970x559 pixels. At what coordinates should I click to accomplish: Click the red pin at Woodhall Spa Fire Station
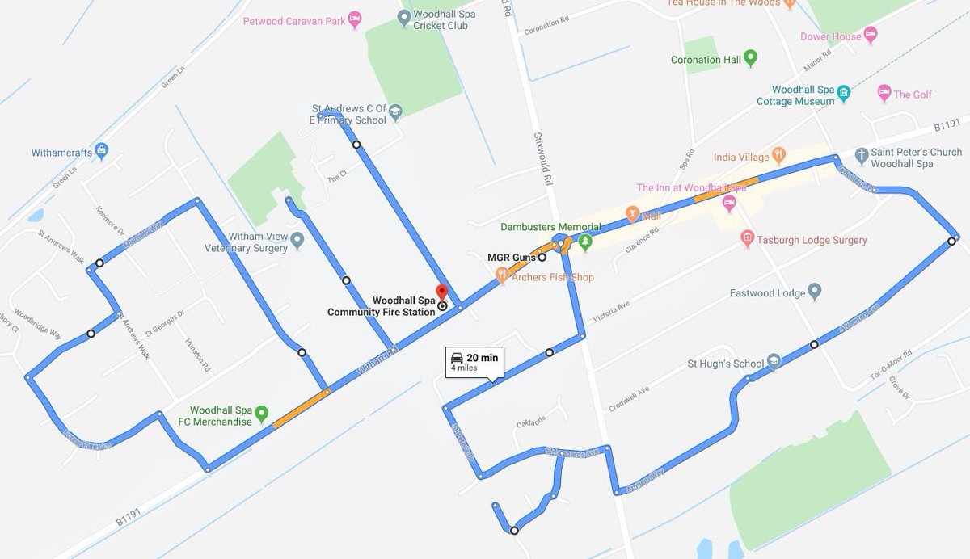[441, 292]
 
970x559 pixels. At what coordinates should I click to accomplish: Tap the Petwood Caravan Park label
[294, 20]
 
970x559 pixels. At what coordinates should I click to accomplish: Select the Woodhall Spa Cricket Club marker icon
[403, 16]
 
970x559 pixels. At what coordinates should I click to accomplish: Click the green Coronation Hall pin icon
[750, 58]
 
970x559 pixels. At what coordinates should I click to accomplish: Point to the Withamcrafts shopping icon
[101, 150]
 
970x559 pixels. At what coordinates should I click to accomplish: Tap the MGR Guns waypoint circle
[542, 258]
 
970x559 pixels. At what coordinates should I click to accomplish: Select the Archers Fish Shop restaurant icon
[502, 276]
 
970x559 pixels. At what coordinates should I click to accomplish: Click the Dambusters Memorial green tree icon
[586, 241]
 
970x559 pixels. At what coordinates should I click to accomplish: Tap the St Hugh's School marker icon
[774, 362]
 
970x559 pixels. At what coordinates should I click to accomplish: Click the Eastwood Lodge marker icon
[814, 292]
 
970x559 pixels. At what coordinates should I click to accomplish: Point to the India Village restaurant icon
[778, 154]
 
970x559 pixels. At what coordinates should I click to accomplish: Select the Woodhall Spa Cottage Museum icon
[844, 92]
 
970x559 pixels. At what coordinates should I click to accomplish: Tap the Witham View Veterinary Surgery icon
[297, 240]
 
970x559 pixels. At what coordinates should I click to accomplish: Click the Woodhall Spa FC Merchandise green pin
[261, 414]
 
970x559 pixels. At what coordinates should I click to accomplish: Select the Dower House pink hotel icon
[871, 35]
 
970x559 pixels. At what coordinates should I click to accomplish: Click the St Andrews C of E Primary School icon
[395, 112]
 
